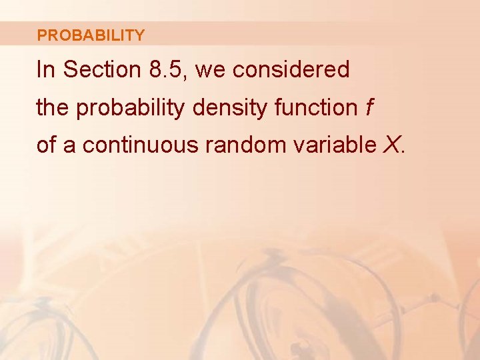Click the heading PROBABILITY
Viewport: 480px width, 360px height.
[x=91, y=35]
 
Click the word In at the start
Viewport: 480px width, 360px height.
[x=45, y=70]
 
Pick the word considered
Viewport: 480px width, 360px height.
[x=291, y=70]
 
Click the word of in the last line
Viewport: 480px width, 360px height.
[x=46, y=145]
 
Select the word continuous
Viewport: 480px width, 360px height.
[x=140, y=145]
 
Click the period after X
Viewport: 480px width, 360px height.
[x=402, y=151]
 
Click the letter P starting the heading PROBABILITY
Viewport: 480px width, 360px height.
[x=41, y=35]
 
